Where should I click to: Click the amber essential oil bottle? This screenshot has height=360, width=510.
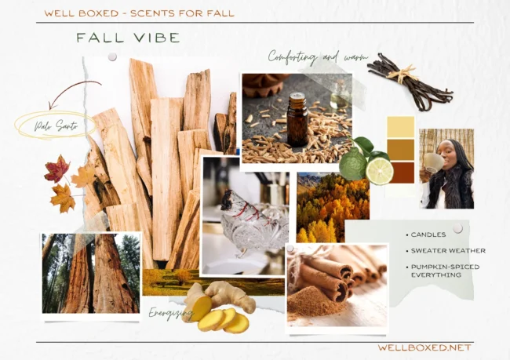[297, 119]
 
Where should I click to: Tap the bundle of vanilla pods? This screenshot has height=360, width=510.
[410, 82]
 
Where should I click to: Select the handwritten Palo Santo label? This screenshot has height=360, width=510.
[56, 125]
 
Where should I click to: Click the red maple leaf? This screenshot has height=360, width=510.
[57, 169]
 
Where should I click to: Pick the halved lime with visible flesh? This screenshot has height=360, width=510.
[379, 171]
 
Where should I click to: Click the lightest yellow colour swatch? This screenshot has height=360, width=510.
[401, 127]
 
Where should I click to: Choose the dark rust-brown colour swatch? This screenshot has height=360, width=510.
[401, 173]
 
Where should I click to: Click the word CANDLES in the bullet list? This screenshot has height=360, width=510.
[428, 235]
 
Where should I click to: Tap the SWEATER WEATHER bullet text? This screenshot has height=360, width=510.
[448, 251]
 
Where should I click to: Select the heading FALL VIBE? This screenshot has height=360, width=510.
[128, 38]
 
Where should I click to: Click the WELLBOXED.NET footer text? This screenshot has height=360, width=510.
[424, 347]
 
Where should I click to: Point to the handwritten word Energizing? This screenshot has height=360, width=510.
[170, 314]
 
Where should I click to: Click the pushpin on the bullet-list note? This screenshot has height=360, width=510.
[458, 228]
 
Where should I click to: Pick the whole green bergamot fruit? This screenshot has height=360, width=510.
[352, 163]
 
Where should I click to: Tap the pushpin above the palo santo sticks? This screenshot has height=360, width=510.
[112, 57]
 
